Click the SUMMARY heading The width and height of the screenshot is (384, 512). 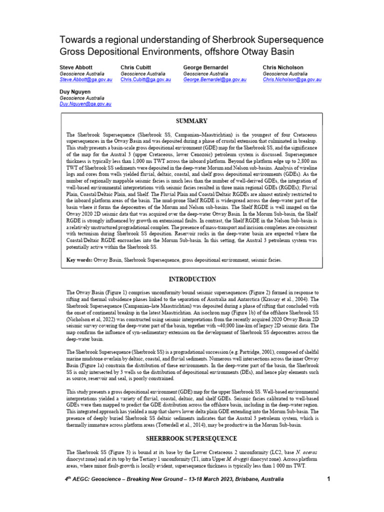(x=192, y=121)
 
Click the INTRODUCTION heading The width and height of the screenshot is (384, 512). (x=192, y=279)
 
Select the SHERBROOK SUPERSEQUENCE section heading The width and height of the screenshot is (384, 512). (x=192, y=438)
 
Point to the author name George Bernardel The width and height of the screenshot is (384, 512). (x=205, y=67)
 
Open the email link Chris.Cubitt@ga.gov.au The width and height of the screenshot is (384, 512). (x=146, y=79)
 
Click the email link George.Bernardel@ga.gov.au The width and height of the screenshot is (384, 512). (x=214, y=79)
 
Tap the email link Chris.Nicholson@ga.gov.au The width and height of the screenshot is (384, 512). (x=292, y=79)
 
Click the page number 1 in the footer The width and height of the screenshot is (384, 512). (x=328, y=479)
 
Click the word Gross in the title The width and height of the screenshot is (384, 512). (x=72, y=51)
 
